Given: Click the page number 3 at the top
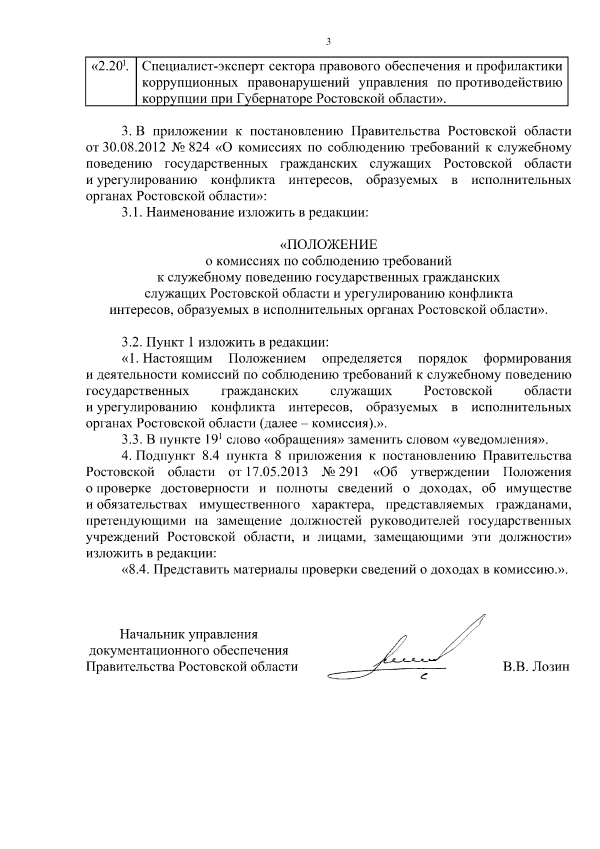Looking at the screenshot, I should (328, 41).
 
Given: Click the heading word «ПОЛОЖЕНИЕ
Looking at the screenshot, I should (328, 244).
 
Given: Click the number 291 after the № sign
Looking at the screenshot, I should (348, 472).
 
